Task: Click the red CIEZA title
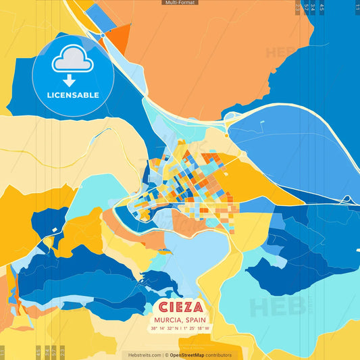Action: tap(180, 305)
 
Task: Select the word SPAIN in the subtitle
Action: tap(195, 319)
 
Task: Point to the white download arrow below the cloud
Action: tap(72, 80)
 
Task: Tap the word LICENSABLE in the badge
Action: tap(72, 95)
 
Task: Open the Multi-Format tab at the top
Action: tap(180, 3)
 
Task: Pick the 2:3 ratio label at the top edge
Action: tap(298, 8)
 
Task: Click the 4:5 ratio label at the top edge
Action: tap(322, 8)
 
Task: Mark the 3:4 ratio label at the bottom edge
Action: tap(38, 351)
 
